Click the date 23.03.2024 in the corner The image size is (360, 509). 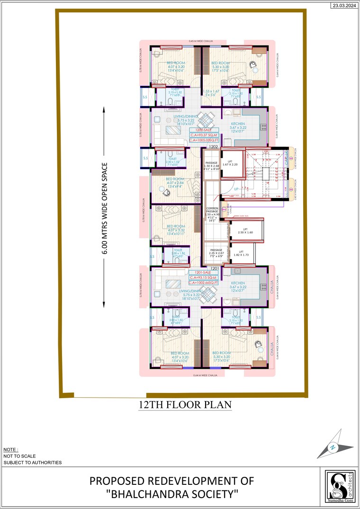click(x=344, y=5)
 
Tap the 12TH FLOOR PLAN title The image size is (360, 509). click(x=185, y=405)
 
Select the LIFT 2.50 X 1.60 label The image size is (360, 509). click(x=246, y=231)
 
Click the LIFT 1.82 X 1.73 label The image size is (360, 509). click(x=241, y=253)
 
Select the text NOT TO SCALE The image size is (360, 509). click(x=19, y=455)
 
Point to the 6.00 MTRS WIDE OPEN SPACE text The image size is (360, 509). click(x=105, y=208)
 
